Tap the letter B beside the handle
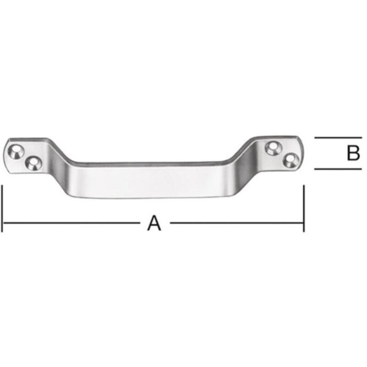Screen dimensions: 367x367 (x=353, y=153)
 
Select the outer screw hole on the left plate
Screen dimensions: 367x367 (x=17, y=150)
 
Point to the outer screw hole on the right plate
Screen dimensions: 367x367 (x=289, y=159)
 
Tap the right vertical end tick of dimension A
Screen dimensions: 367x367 (x=303, y=209)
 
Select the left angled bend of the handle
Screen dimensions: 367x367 (x=62, y=170)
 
